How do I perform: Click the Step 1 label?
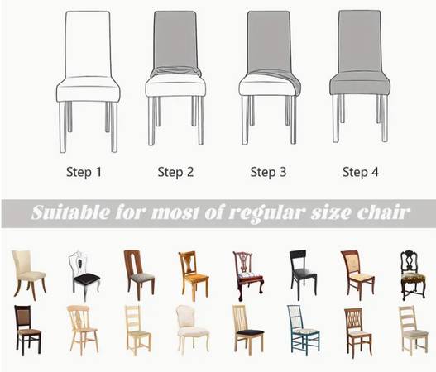84,172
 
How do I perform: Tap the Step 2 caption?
175,172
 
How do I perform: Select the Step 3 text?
268,172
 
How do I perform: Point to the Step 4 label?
361,172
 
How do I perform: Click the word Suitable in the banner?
70,213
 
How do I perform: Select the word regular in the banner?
266,214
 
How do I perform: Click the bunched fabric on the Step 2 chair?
175,72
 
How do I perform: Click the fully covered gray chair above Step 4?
360,76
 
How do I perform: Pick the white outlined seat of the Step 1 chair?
89,89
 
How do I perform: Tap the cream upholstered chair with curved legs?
29,274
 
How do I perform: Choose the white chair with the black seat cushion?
84,275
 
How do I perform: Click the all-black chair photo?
302,274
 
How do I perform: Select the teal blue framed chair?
304,330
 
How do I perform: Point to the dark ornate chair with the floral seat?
413,274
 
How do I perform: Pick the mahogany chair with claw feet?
248,275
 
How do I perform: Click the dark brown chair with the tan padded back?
28,330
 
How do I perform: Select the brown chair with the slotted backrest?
139,274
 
